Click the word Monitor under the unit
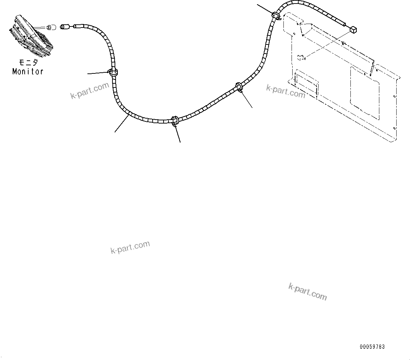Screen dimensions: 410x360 pyautogui.click(x=28, y=71)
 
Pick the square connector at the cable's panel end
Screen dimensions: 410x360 pyautogui.click(x=354, y=29)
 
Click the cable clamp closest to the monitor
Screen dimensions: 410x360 pyautogui.click(x=113, y=73)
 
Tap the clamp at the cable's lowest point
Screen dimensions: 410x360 pyautogui.click(x=175, y=120)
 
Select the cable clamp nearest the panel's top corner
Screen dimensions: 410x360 pyautogui.click(x=276, y=16)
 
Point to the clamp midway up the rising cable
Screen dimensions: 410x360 pyautogui.click(x=239, y=86)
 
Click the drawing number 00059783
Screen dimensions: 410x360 pyautogui.click(x=372, y=347)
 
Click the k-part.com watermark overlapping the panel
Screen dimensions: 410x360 pyautogui.click(x=286, y=91)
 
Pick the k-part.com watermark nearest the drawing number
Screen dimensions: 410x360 pyautogui.click(x=307, y=291)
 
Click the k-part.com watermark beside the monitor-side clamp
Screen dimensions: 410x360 pyautogui.click(x=90, y=91)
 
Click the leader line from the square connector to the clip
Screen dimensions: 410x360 pyautogui.click(x=328, y=44)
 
